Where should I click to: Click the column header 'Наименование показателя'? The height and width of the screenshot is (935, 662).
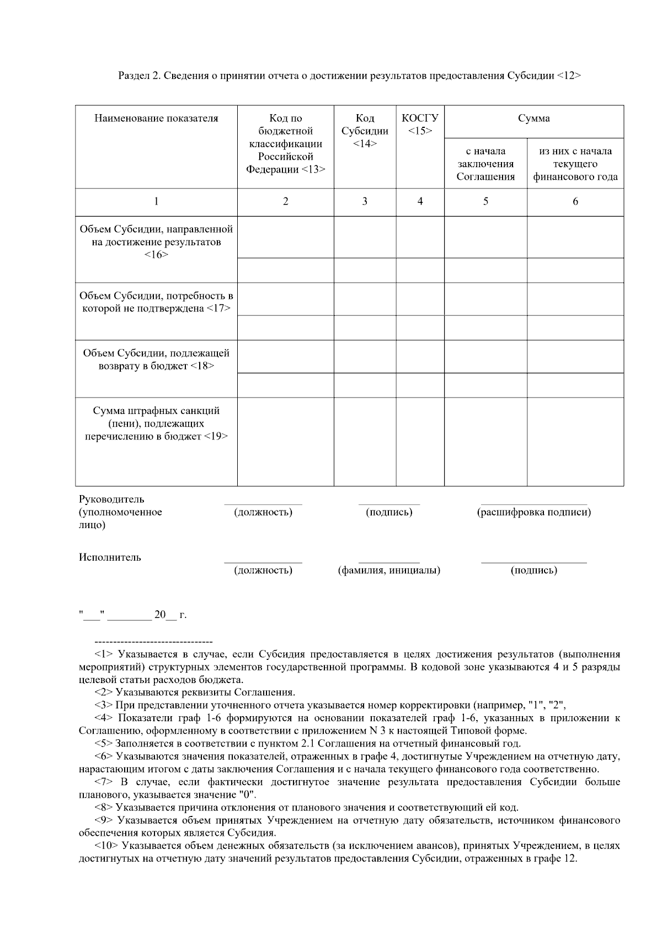pos(156,119)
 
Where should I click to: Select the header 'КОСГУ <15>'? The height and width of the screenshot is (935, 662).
pos(420,125)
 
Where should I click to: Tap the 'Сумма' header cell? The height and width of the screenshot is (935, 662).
pos(533,119)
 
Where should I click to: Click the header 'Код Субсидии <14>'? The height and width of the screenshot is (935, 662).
pos(365,131)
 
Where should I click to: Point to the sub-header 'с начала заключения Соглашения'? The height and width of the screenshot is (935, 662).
pos(485,164)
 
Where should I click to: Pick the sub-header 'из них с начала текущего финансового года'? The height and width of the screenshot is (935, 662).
pos(575,164)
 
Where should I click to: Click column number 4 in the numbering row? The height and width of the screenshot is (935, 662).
pos(420,202)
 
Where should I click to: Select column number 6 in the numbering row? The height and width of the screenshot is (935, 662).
pos(575,202)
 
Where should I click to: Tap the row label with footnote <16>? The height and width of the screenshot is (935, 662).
pos(156,241)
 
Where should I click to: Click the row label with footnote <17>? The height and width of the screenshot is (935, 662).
pos(156,302)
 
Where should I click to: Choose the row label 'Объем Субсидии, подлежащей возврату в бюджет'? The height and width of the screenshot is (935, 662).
pos(156,359)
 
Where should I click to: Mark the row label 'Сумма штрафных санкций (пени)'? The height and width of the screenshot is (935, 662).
pos(156,423)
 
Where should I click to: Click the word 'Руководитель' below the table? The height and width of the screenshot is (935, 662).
pos(111,499)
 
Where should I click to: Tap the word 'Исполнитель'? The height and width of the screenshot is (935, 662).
pos(110,557)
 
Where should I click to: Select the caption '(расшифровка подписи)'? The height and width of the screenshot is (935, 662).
pos(533,512)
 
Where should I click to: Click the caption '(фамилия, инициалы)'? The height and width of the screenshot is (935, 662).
pos(389,571)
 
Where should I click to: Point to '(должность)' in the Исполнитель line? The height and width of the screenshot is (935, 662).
pos(263,571)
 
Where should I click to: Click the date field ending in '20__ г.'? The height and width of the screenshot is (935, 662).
pos(133,615)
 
